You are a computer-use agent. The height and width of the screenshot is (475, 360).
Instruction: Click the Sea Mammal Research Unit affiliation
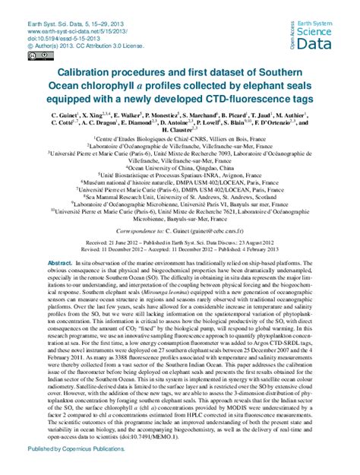pyautogui.click(x=180, y=195)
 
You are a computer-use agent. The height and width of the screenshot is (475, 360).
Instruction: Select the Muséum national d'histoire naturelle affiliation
pyautogui.click(x=180, y=182)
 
